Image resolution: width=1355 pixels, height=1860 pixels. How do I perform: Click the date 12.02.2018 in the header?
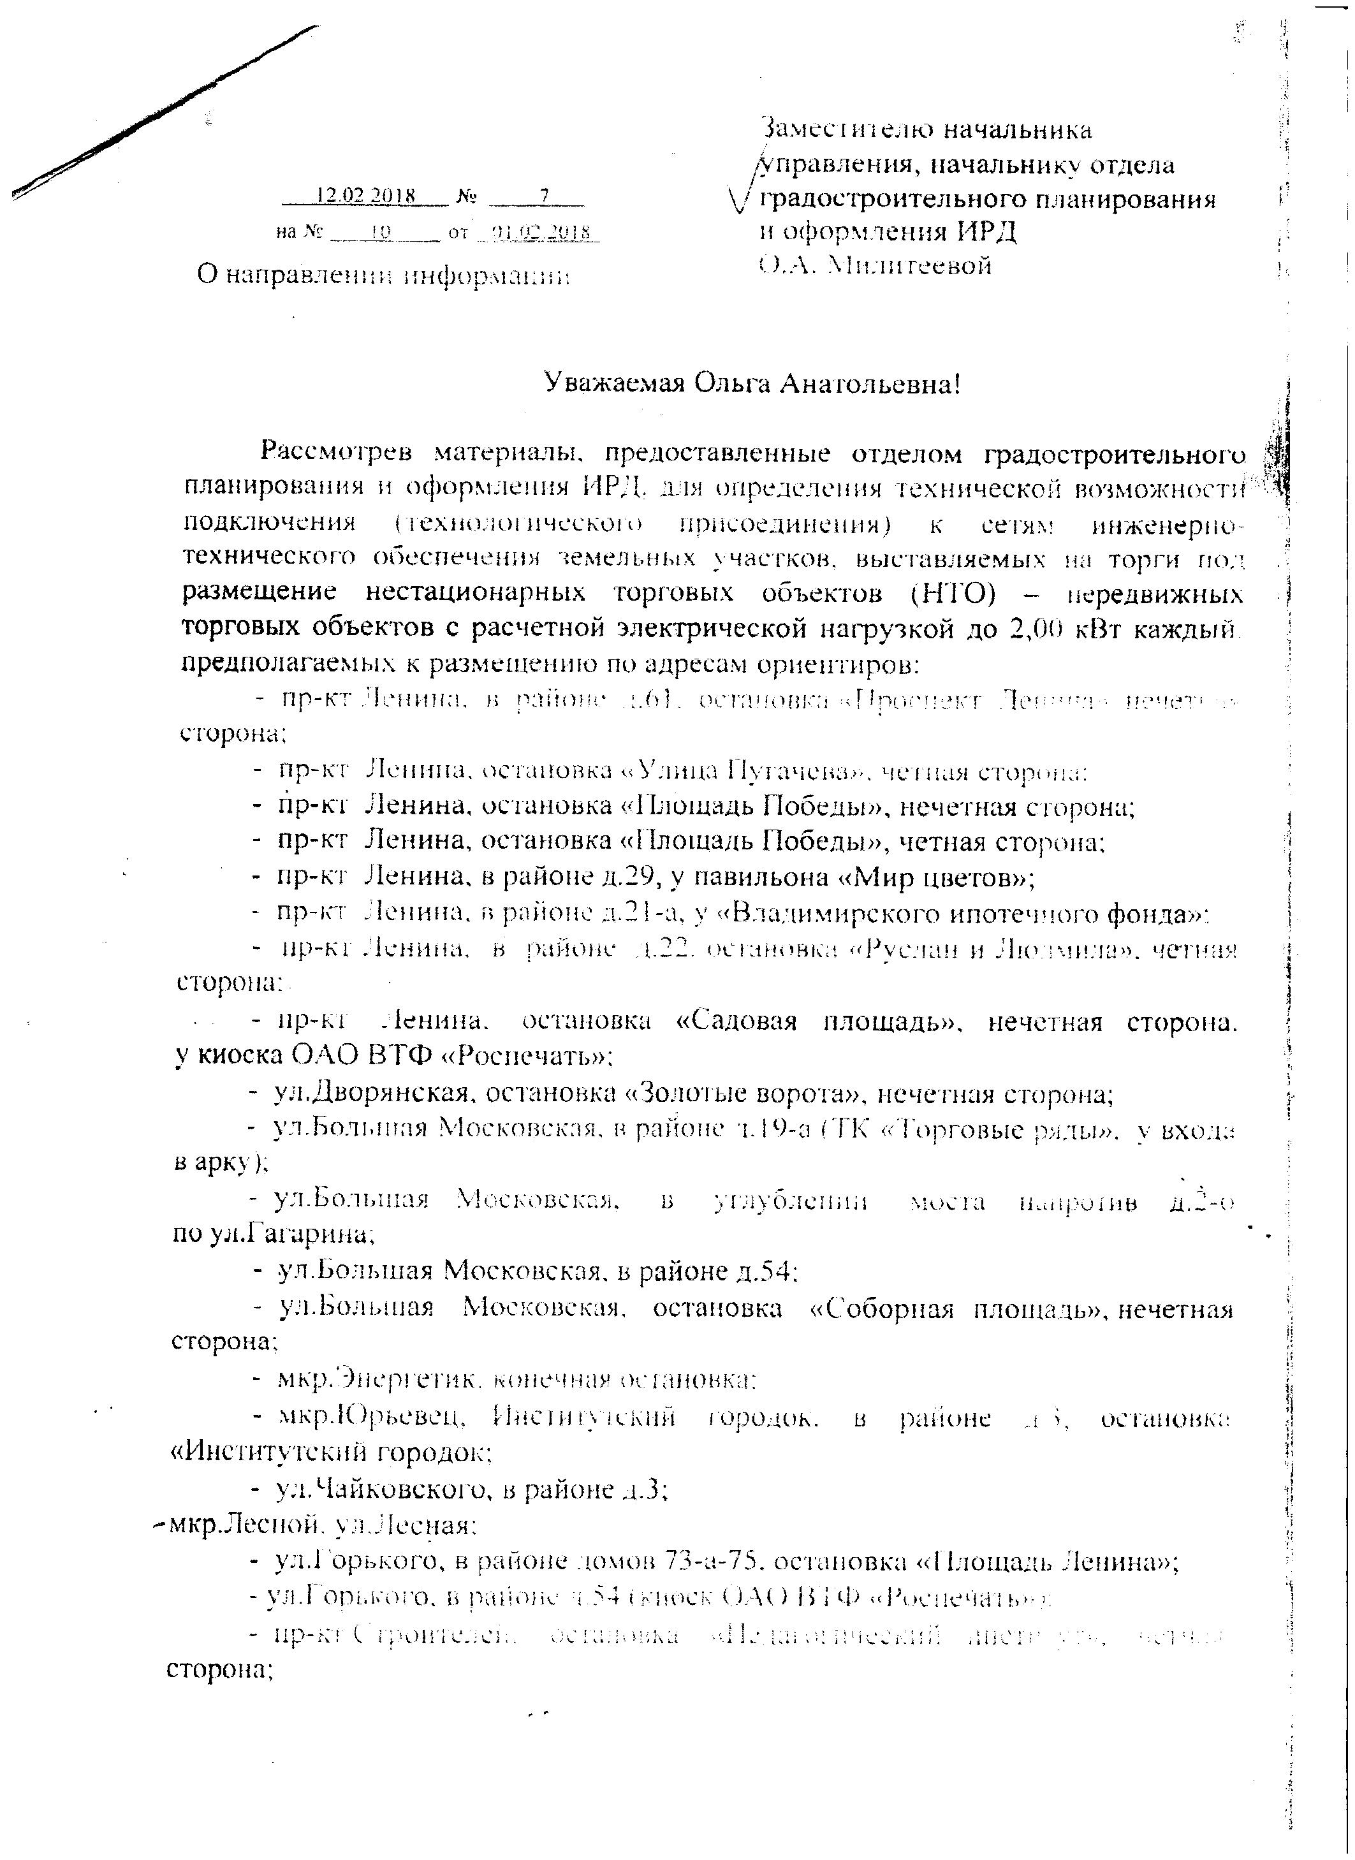pyautogui.click(x=367, y=196)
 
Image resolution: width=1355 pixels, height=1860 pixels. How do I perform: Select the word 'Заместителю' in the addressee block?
pyautogui.click(x=845, y=130)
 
